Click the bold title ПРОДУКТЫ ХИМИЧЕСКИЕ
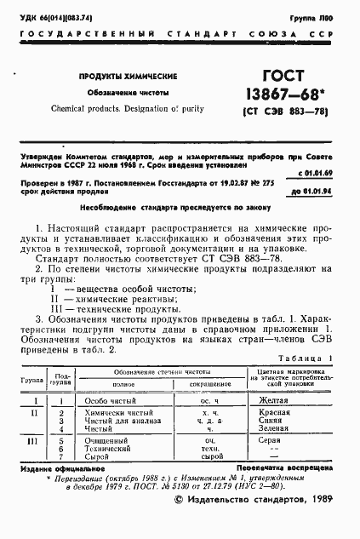(123, 76)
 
